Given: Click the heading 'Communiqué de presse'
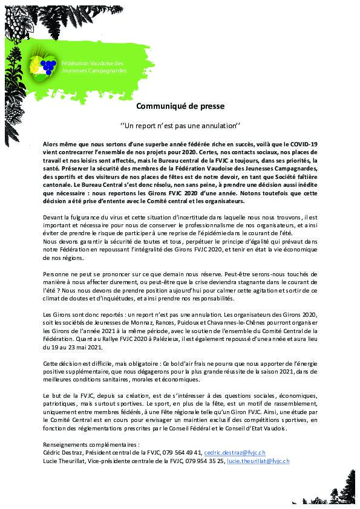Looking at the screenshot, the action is click(x=180, y=106).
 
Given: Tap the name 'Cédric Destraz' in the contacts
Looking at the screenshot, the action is click(x=64, y=452).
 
